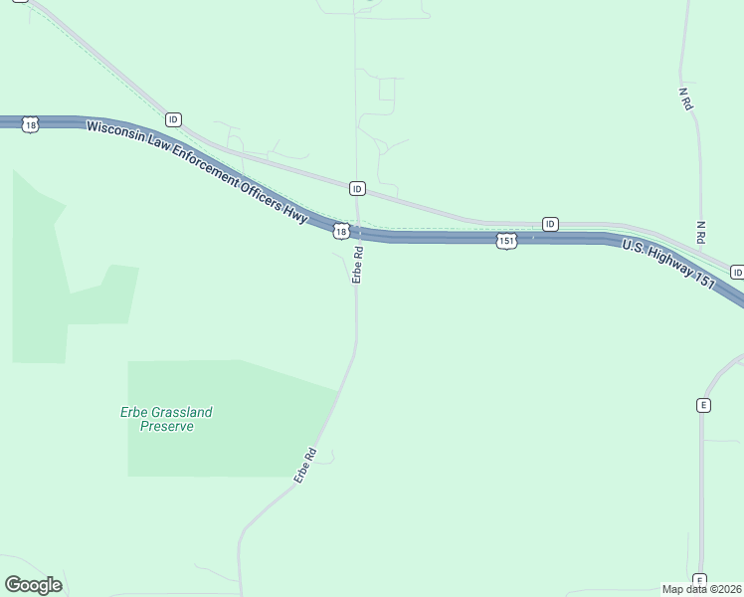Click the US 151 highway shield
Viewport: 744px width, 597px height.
pos(506,242)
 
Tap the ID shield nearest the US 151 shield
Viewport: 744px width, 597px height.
pos(550,224)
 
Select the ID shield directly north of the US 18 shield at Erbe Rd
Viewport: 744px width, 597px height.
pos(357,188)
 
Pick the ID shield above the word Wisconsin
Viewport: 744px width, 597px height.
pos(174,119)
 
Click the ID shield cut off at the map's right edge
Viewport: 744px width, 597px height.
pos(737,273)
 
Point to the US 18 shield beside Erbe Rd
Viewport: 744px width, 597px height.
pos(341,231)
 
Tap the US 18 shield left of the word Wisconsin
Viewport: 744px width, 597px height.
pos(30,125)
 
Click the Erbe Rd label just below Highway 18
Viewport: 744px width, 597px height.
pos(357,266)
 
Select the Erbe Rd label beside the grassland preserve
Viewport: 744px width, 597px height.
pos(304,466)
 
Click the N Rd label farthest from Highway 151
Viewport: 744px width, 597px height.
pos(684,99)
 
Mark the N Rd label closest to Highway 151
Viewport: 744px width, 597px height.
pos(701,233)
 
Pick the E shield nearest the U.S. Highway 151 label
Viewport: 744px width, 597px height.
pos(703,405)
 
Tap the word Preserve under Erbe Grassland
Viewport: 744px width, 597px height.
pos(166,426)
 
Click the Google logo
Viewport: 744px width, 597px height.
pos(33,585)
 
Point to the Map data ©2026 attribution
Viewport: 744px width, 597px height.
pos(701,589)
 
